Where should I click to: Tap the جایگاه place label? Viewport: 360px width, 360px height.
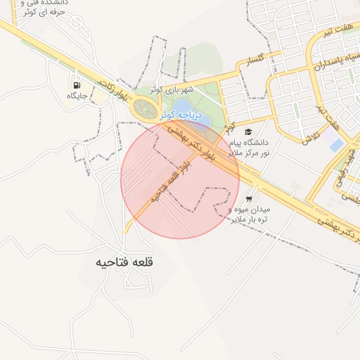(x=76, y=96)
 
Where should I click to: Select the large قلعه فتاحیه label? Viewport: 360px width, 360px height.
(x=124, y=262)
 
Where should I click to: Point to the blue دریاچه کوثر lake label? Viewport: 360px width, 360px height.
(x=181, y=113)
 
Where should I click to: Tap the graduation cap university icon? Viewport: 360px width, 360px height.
(x=247, y=131)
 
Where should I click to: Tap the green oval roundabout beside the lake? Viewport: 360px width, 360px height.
(x=146, y=110)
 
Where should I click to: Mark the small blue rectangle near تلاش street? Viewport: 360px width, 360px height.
(x=337, y=144)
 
